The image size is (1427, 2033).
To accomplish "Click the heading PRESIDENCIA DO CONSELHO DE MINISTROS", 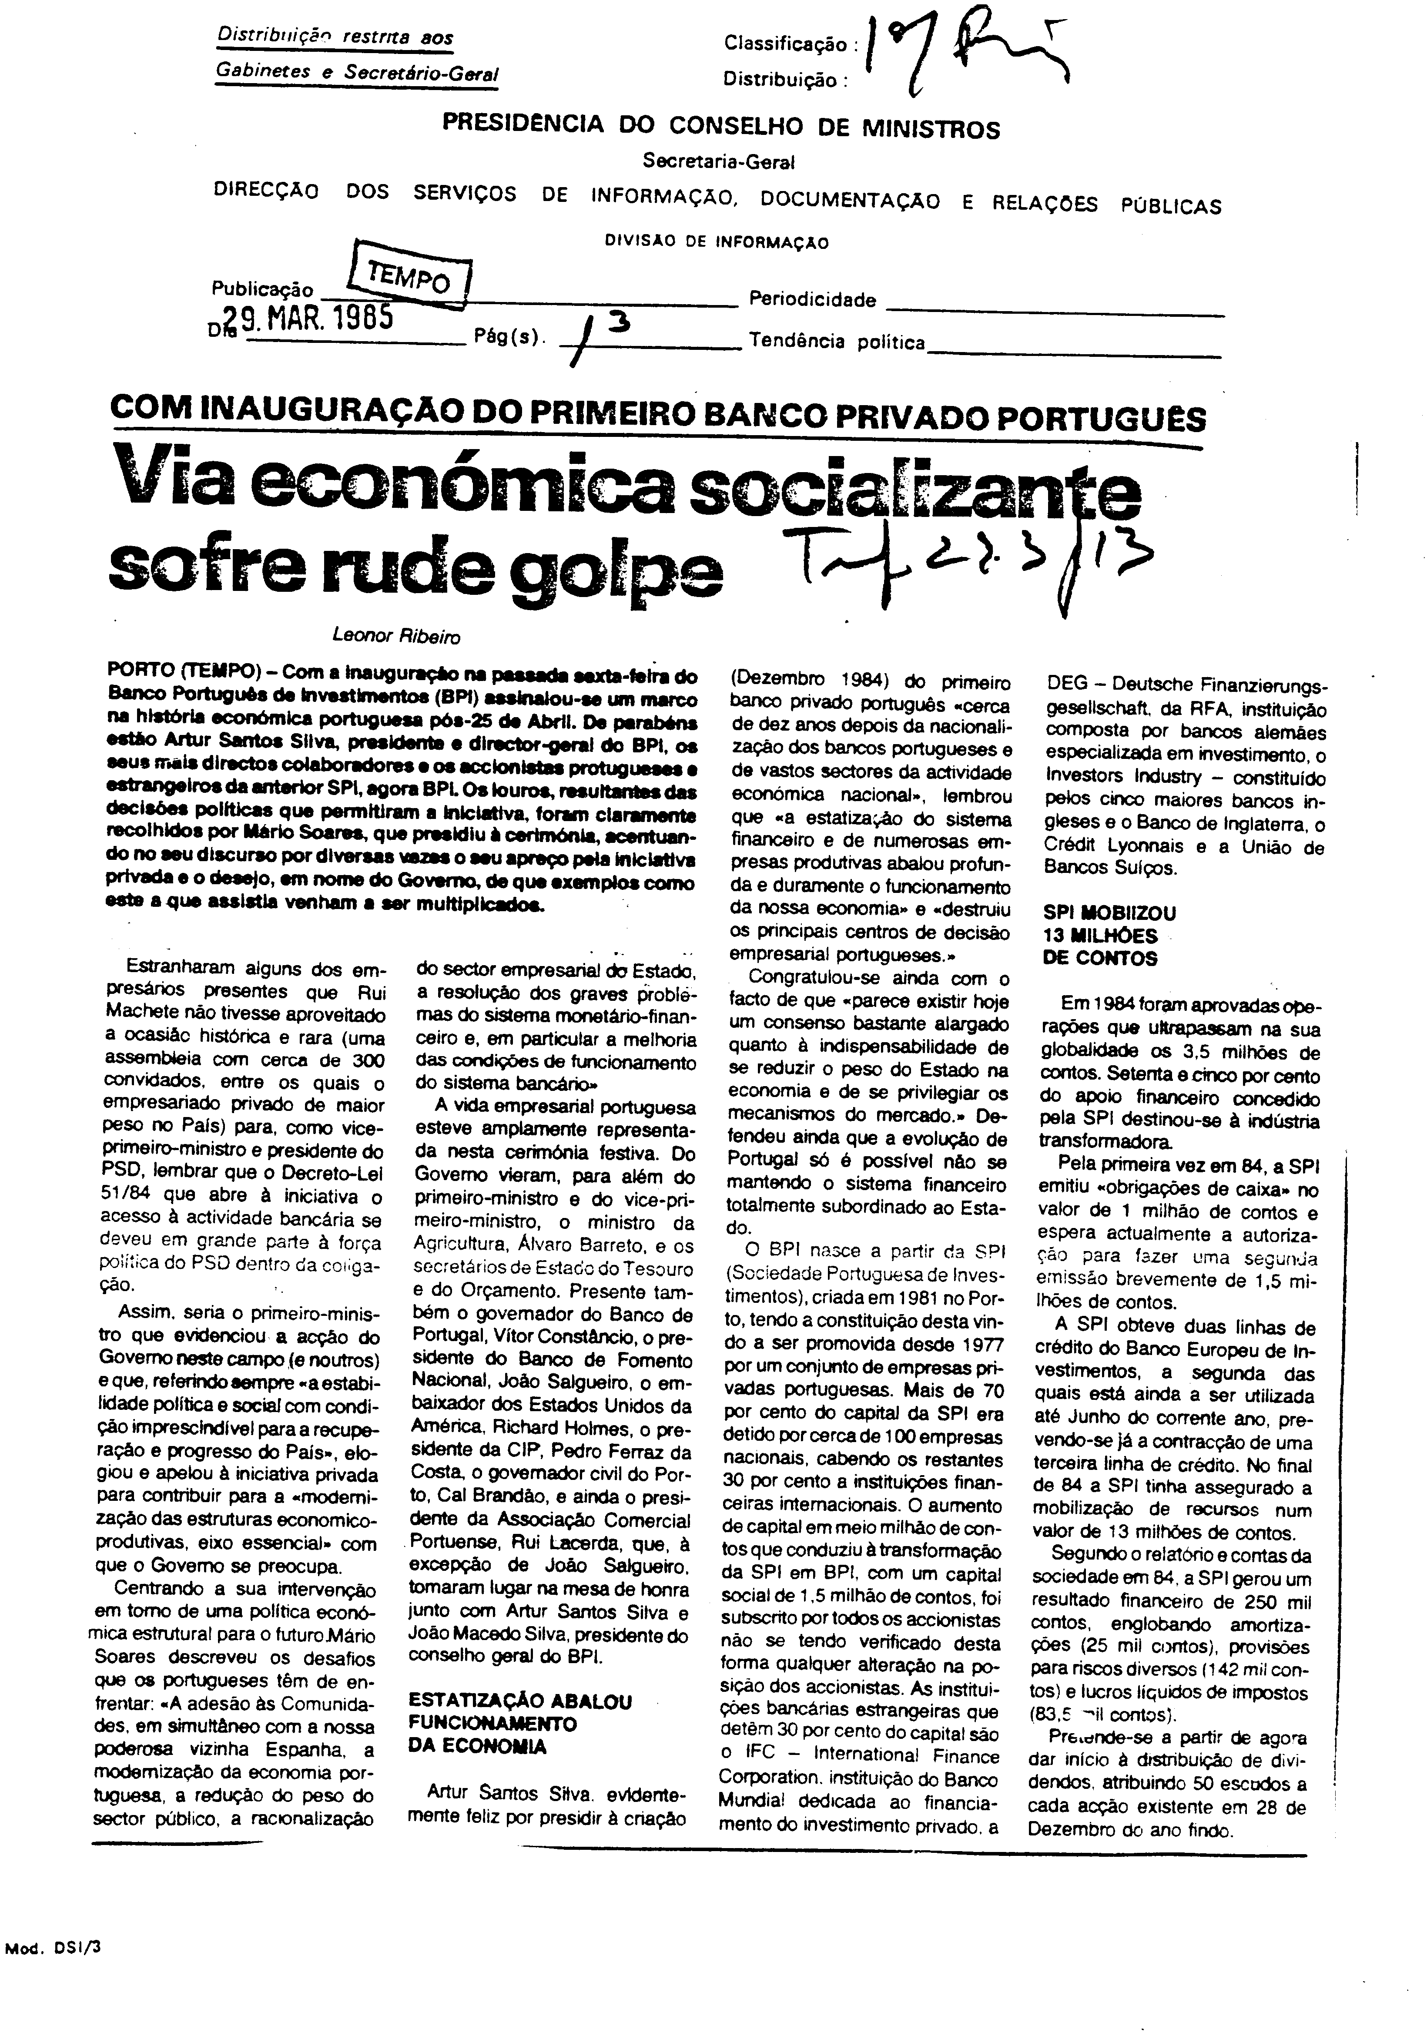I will [x=720, y=127].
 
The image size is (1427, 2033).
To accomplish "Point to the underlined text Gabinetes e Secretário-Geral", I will [x=356, y=74].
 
